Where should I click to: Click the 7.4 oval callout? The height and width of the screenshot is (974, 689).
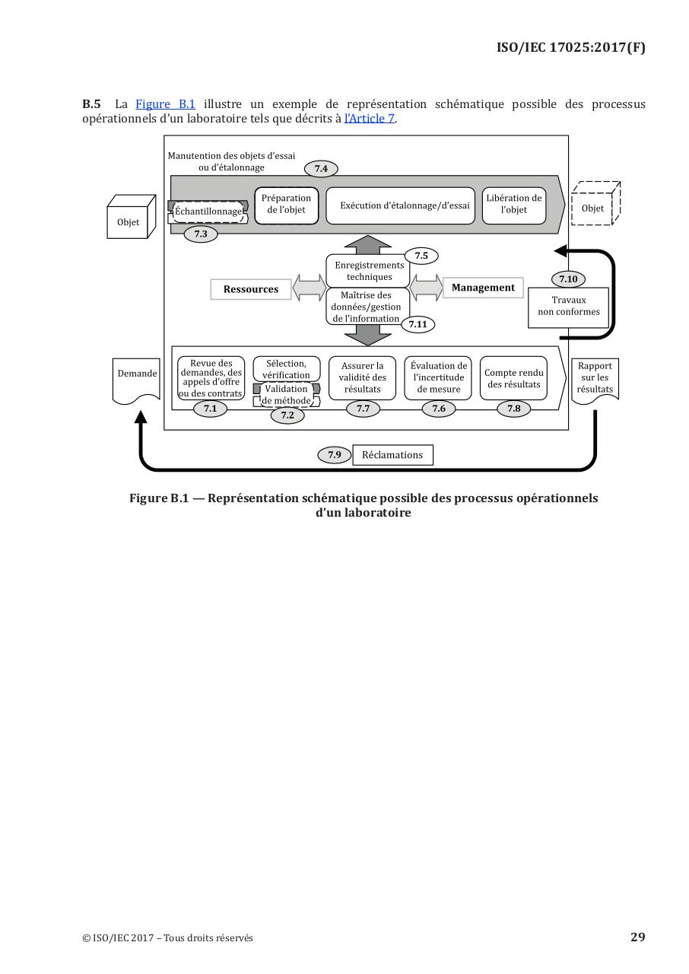tap(321, 168)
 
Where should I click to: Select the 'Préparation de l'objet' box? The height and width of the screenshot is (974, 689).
tap(286, 205)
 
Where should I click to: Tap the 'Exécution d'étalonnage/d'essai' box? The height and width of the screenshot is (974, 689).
tap(401, 205)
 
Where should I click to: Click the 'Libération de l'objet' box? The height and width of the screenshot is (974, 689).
tap(514, 205)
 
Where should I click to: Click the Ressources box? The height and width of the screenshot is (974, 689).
tap(251, 289)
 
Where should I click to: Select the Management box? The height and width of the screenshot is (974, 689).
tap(483, 288)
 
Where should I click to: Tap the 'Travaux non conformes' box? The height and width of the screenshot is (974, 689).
tap(568, 307)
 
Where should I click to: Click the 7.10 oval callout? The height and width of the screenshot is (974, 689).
tap(568, 279)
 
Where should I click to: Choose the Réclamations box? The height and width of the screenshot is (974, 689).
tap(392, 455)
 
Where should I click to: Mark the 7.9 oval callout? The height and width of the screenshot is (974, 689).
tap(335, 455)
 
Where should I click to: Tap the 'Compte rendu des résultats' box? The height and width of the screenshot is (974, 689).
tap(514, 377)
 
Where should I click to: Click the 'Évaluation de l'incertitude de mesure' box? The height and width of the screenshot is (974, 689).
tap(439, 377)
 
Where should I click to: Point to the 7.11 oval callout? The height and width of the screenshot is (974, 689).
tap(418, 324)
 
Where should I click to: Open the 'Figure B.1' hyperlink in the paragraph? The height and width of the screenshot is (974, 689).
tap(165, 104)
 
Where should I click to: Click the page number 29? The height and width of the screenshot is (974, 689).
tap(637, 937)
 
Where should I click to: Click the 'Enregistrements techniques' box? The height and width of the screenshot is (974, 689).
tap(369, 271)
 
